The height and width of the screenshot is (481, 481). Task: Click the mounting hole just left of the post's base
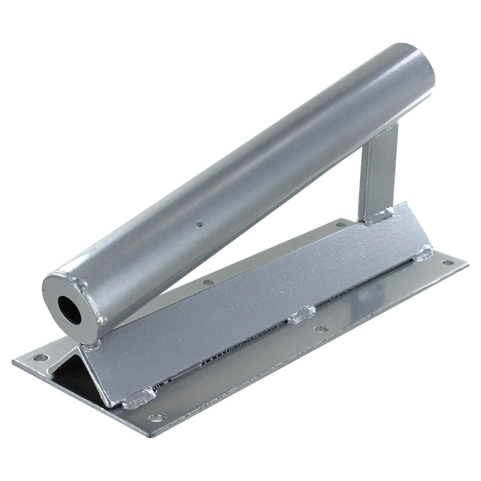click(340, 225)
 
